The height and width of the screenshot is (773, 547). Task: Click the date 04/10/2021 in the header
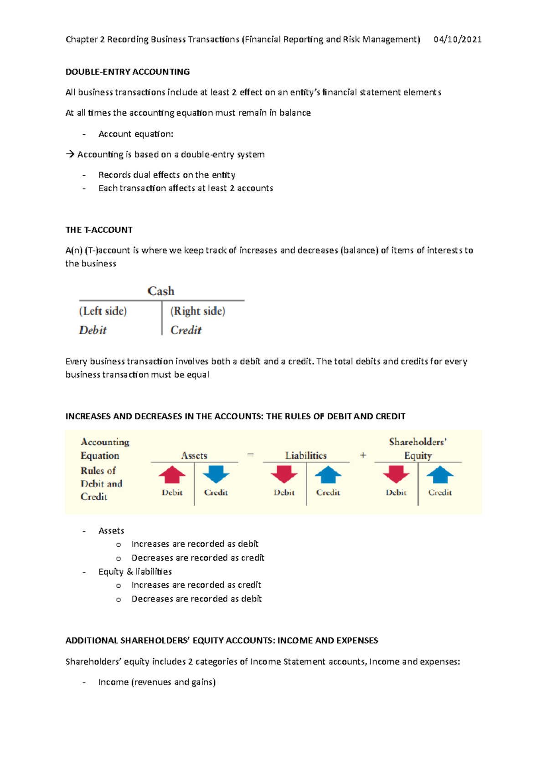(457, 40)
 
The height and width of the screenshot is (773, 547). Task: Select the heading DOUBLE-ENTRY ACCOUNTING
(128, 72)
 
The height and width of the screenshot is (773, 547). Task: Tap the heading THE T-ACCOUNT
(99, 230)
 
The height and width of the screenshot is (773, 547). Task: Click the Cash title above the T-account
(161, 291)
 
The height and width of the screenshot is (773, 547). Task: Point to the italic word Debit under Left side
(93, 330)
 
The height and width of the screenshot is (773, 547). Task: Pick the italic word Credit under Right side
(186, 330)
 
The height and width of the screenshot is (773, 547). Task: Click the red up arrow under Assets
(172, 475)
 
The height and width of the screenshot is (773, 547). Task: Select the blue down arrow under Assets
(216, 474)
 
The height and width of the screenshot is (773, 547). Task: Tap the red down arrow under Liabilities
(284, 474)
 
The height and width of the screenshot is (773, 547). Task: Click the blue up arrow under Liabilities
(328, 475)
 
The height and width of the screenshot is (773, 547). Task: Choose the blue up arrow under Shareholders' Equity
(440, 475)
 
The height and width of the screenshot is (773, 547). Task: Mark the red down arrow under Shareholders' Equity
(396, 474)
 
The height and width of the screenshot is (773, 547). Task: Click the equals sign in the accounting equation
(250, 455)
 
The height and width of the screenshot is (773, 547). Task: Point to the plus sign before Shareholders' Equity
(363, 455)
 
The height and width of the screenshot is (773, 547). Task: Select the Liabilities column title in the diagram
(306, 455)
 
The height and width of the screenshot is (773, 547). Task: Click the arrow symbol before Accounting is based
(70, 154)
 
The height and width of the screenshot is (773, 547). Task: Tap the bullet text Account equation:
(136, 134)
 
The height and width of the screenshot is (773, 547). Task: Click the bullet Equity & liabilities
(135, 571)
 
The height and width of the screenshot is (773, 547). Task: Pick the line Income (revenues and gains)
(157, 682)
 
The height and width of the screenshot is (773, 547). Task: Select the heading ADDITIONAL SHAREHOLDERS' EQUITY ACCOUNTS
(222, 641)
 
